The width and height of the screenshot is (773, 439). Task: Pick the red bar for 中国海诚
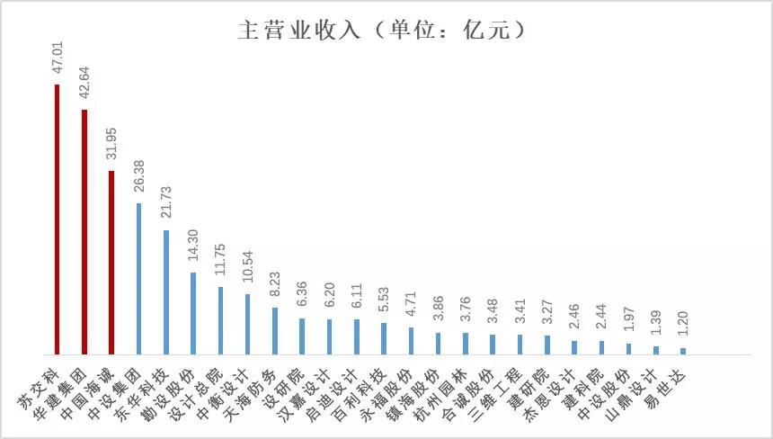coord(111,262)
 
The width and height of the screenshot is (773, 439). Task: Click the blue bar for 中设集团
coord(138,278)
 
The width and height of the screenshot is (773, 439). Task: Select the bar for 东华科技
coord(165,291)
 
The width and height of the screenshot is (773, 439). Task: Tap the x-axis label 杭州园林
coord(449,388)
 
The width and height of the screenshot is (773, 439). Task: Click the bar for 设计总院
coord(220,320)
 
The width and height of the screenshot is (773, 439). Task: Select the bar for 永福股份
coord(411,340)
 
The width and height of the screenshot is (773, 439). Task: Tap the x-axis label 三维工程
coord(504,388)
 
